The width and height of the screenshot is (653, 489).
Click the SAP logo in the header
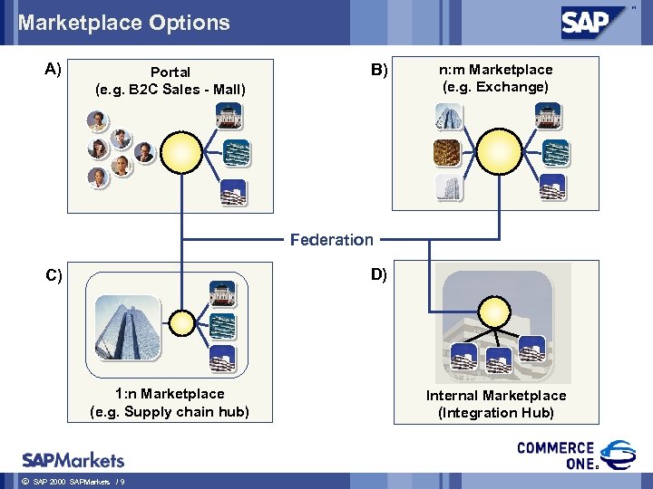pos(597,21)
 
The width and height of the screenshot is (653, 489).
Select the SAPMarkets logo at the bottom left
pos(73,459)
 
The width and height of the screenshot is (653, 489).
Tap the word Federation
pos(331,239)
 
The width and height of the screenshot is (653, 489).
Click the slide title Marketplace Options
pos(124,23)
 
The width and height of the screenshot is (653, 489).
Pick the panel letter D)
pos(377,274)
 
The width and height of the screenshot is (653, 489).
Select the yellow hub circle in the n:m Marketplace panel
pos(499,149)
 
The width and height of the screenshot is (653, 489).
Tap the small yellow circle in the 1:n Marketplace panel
pos(182,321)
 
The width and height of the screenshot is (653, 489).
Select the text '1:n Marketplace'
pos(170,394)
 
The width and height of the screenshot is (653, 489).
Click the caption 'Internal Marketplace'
pos(496,396)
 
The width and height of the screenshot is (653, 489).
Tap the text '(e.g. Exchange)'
pos(495,87)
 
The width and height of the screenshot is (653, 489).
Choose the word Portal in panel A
pos(171,72)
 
